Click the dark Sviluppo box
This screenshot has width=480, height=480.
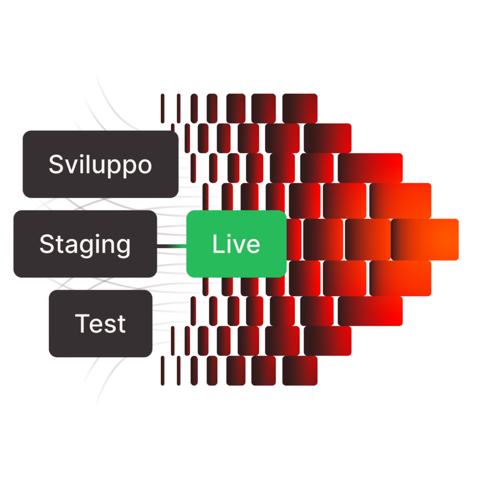click(x=100, y=164)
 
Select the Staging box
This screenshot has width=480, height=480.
click(x=85, y=244)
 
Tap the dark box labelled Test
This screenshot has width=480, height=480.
click(x=100, y=323)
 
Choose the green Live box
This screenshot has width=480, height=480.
click(x=236, y=244)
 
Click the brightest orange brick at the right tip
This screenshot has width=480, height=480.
click(x=425, y=239)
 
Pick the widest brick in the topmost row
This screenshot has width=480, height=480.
click(x=300, y=108)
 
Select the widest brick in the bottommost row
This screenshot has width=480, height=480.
click(x=300, y=371)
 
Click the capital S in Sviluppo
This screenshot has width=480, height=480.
click(x=56, y=164)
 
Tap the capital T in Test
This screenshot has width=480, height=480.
click(x=82, y=323)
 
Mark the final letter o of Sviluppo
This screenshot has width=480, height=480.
click(x=144, y=166)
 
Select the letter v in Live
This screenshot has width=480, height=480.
click(x=237, y=246)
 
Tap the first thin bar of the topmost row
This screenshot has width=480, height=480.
click(x=163, y=108)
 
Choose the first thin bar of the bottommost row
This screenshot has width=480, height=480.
click(x=163, y=371)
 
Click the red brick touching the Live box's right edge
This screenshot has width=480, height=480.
click(x=294, y=239)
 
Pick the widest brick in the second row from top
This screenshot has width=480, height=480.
click(x=327, y=138)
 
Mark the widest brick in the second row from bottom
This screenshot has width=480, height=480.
click(x=327, y=341)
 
